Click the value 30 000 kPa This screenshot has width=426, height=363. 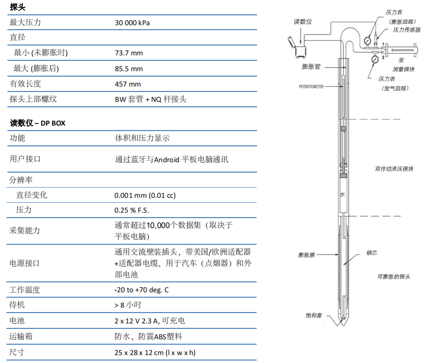132,22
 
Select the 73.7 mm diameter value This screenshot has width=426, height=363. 129,53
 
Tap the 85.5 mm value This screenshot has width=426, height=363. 129,68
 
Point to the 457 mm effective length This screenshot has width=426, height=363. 128,84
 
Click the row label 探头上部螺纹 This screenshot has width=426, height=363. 33,99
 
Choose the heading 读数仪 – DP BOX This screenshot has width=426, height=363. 38,123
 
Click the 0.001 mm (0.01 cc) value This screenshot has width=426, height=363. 145,195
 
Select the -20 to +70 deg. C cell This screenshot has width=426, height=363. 141,290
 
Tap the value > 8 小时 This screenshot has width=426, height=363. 128,305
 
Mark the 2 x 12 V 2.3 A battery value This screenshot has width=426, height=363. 150,321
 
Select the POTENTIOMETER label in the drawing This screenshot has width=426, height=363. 311,87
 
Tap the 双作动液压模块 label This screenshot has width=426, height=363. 394,169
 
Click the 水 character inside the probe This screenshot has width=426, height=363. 342,195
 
